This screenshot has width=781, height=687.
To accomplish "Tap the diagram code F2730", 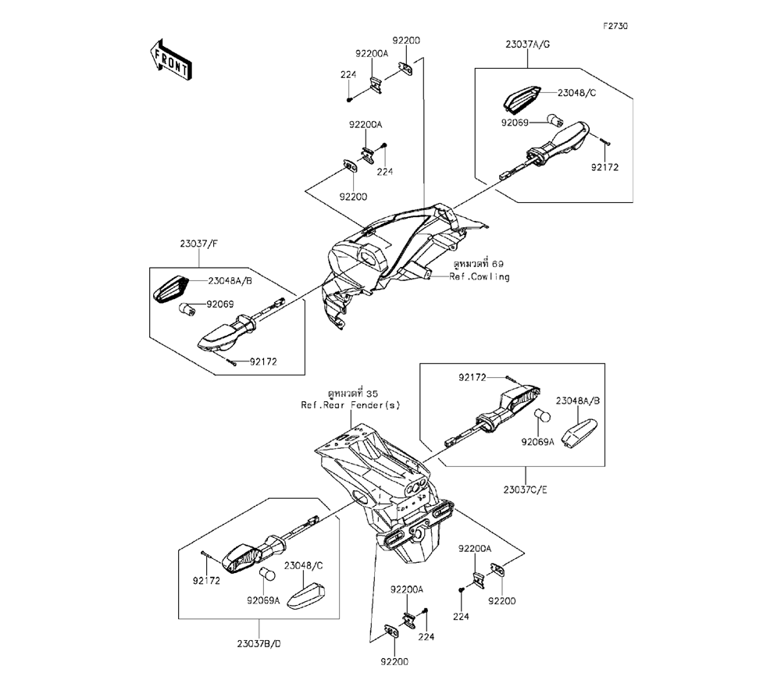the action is (x=615, y=26).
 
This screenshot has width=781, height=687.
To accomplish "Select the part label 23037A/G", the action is (x=527, y=44).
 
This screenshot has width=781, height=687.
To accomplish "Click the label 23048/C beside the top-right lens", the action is (x=576, y=93).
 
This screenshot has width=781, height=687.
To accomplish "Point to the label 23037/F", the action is (x=198, y=244).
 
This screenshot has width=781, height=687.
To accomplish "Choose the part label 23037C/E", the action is (x=525, y=489).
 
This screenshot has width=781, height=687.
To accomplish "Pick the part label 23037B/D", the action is (x=259, y=644).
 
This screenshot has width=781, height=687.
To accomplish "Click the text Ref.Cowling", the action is (x=480, y=277).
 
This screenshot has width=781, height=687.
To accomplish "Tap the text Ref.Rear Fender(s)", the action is (x=350, y=405).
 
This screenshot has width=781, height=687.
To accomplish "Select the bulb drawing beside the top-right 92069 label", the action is (x=555, y=120).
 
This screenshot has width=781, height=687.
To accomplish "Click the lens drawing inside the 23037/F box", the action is (x=171, y=289).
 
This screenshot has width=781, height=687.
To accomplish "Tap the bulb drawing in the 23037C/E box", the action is (x=542, y=415).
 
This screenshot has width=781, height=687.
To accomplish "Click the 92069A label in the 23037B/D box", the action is (x=263, y=601).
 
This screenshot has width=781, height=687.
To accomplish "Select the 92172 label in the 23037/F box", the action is (x=263, y=362).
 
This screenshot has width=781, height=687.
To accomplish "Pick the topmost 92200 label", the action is (x=406, y=41).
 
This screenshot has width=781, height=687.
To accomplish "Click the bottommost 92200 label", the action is (x=394, y=661).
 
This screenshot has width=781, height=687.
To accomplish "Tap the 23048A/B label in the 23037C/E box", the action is (x=578, y=400).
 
